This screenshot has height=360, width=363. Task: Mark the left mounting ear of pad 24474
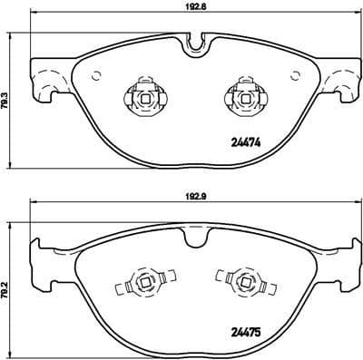[42, 80]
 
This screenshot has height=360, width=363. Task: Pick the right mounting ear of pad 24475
[342, 261]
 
